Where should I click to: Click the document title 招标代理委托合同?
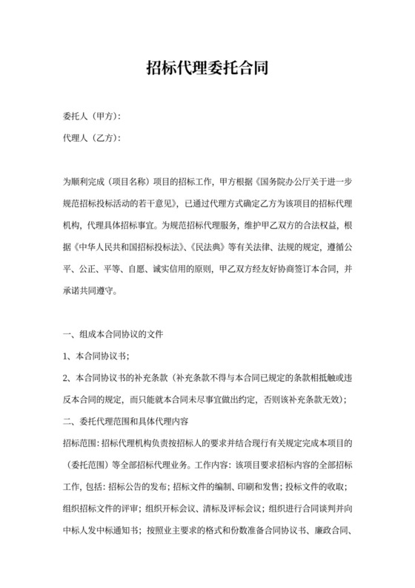207,69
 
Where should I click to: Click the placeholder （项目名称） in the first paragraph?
131,181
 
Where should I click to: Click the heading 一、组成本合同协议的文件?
119,335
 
